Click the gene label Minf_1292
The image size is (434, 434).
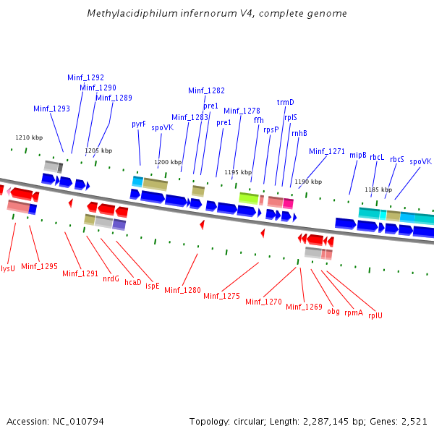[85, 77]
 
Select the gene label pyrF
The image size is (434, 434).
[139, 124]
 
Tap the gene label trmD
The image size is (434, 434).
[286, 103]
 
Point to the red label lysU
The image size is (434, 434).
[8, 268]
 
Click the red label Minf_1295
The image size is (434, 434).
[39, 266]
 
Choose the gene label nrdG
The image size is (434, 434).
[111, 278]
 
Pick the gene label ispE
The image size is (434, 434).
[152, 286]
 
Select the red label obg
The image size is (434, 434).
[333, 311]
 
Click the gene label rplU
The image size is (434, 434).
[375, 315]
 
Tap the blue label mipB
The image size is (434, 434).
[358, 155]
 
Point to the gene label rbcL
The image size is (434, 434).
[377, 157]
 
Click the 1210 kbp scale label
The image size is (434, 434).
[29, 137]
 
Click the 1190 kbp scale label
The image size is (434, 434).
[308, 182]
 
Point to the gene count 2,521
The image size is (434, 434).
[414, 421]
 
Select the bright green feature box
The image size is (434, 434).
[249, 198]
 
